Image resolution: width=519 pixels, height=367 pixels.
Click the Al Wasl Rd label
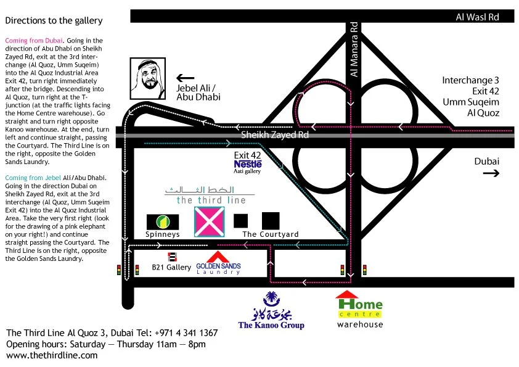pyautogui.click(x=476, y=17)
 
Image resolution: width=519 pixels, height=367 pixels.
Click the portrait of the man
pyautogui.click(x=147, y=78)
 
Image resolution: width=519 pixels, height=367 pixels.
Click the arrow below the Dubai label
pyautogui.click(x=491, y=174)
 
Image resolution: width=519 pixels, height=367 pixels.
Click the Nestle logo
pyautogui.click(x=248, y=164)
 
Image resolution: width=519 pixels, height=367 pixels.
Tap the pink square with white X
pyautogui.click(x=209, y=222)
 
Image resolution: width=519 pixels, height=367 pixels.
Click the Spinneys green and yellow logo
pyautogui.click(x=163, y=221)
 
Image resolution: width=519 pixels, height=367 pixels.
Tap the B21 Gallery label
pyautogui.click(x=171, y=268)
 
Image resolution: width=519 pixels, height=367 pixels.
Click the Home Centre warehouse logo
pyautogui.click(x=359, y=305)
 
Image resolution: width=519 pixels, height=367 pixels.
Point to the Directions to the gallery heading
pyautogui.click(x=54, y=20)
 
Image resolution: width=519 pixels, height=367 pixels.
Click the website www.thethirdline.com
pyautogui.click(x=52, y=355)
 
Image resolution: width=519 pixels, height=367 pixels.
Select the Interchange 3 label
pyautogui.click(x=470, y=81)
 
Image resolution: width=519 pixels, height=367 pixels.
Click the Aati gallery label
pyautogui.click(x=248, y=171)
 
